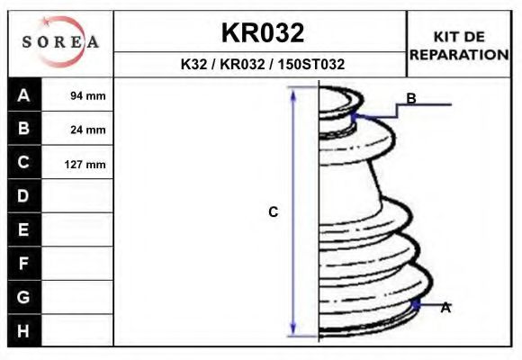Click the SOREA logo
[60, 42]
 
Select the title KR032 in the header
[262, 33]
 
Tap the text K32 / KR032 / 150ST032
[262, 65]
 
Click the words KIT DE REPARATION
[459, 45]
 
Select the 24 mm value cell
[88, 130]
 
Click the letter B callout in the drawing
[411, 98]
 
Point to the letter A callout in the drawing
[445, 308]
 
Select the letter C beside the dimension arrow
[274, 212]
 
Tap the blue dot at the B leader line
[355, 116]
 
